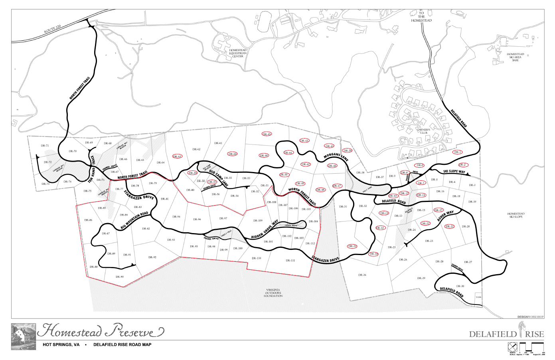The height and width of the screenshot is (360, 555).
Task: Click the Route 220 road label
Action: point(53,29)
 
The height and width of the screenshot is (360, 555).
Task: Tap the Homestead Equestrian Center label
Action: point(238,53)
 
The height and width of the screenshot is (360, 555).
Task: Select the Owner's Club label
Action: point(424,131)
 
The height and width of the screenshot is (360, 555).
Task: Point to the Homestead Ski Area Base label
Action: point(515,57)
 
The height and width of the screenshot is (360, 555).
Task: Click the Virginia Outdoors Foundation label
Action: point(273,293)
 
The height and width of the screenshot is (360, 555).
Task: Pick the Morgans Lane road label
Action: point(336,157)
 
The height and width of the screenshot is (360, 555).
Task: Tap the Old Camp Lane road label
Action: point(219,178)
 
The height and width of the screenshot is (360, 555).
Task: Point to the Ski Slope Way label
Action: point(454,172)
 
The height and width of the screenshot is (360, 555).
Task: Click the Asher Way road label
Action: point(445,216)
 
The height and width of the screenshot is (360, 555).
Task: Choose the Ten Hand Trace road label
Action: point(92,169)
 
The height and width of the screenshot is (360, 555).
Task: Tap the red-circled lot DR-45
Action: point(267,134)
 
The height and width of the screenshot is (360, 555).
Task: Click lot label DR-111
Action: point(290,261)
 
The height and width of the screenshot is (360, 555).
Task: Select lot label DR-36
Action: point(362,275)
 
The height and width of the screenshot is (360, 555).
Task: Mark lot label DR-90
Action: point(120,277)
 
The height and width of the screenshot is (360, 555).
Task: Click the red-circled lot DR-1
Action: point(457,152)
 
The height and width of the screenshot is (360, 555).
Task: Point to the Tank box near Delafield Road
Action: point(478,297)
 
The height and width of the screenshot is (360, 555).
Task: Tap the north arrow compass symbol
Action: point(512,347)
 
